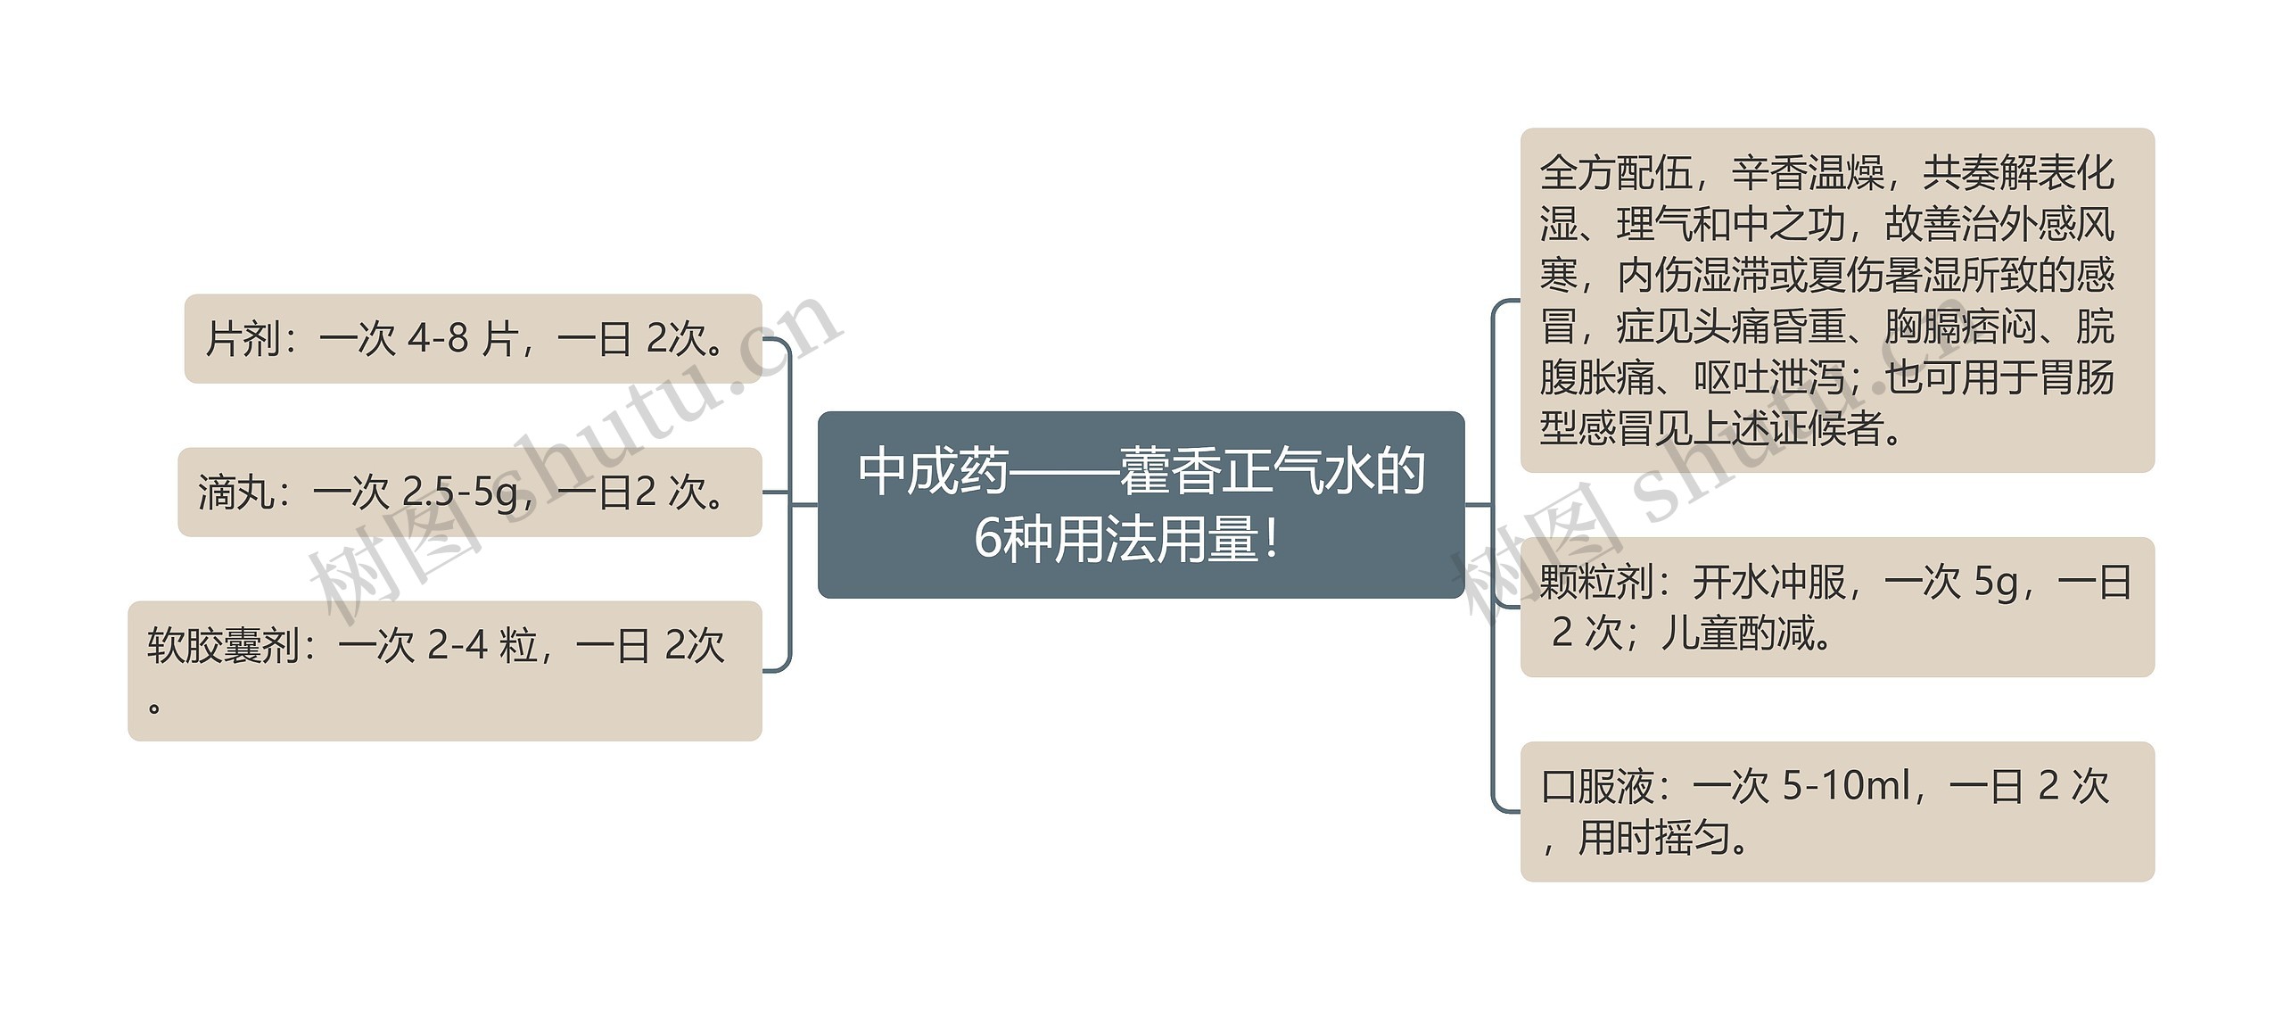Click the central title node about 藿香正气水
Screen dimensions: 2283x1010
(1141, 505)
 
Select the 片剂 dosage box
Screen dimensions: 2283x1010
(473, 339)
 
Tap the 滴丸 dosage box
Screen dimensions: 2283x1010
(469, 493)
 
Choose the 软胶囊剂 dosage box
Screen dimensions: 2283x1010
(444, 671)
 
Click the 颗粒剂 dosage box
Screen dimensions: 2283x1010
(1836, 607)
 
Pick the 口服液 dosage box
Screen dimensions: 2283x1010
(1836, 811)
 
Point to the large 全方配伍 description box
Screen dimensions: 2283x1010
(1836, 300)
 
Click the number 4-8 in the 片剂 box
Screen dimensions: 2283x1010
(438, 339)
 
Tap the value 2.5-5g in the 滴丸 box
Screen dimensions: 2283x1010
(459, 493)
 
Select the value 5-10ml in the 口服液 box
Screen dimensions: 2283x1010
(1845, 786)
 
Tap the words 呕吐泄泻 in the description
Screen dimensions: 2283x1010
(1769, 377)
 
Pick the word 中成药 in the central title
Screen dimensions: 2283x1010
(933, 472)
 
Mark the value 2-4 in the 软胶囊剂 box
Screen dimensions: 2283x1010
(457, 645)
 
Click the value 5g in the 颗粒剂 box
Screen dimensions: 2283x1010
(1996, 583)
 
